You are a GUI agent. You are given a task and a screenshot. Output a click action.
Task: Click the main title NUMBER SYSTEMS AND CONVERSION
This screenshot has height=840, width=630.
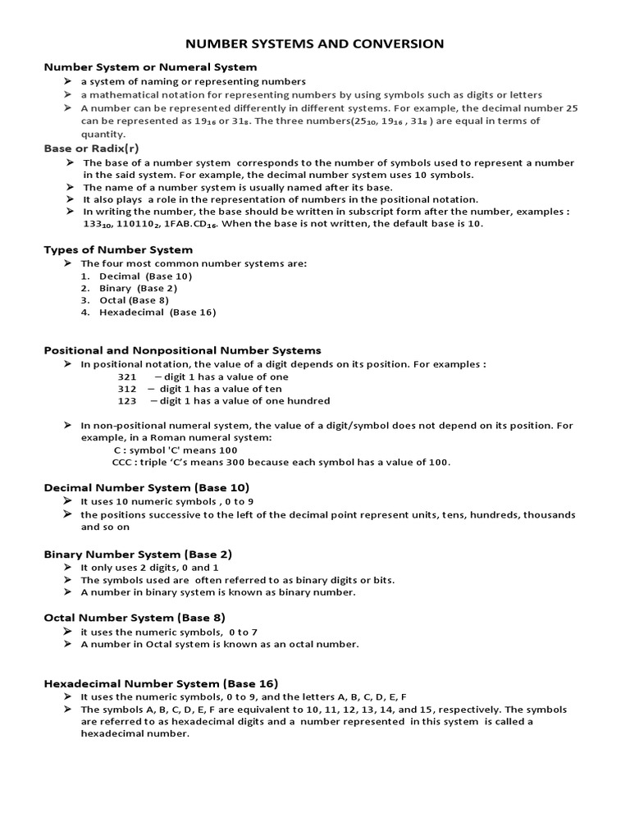point(315,43)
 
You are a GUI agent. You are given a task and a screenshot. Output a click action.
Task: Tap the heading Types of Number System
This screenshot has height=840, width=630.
point(118,249)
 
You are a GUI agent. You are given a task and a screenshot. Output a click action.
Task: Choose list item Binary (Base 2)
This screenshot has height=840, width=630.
point(138,288)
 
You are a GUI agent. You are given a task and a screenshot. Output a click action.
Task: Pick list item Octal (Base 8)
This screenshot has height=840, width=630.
point(135,300)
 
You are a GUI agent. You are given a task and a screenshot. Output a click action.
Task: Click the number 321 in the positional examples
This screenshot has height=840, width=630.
point(127,377)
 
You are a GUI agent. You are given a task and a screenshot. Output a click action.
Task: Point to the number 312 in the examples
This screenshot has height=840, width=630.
point(127,389)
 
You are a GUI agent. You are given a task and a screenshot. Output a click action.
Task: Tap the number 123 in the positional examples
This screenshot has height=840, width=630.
point(127,401)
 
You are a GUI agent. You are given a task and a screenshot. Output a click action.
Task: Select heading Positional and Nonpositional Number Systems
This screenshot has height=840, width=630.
point(182,350)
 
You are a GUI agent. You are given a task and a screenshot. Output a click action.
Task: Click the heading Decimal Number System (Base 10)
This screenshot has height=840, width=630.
point(146,487)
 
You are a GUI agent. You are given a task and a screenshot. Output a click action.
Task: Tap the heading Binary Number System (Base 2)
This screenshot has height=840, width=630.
point(138,555)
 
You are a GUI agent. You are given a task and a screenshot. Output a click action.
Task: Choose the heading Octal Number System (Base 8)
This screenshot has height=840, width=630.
point(135,617)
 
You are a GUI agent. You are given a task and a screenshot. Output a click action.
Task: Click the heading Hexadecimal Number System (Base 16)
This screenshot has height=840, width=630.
point(161,683)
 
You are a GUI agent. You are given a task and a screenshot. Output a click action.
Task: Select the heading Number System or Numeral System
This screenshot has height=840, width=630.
point(150,67)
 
